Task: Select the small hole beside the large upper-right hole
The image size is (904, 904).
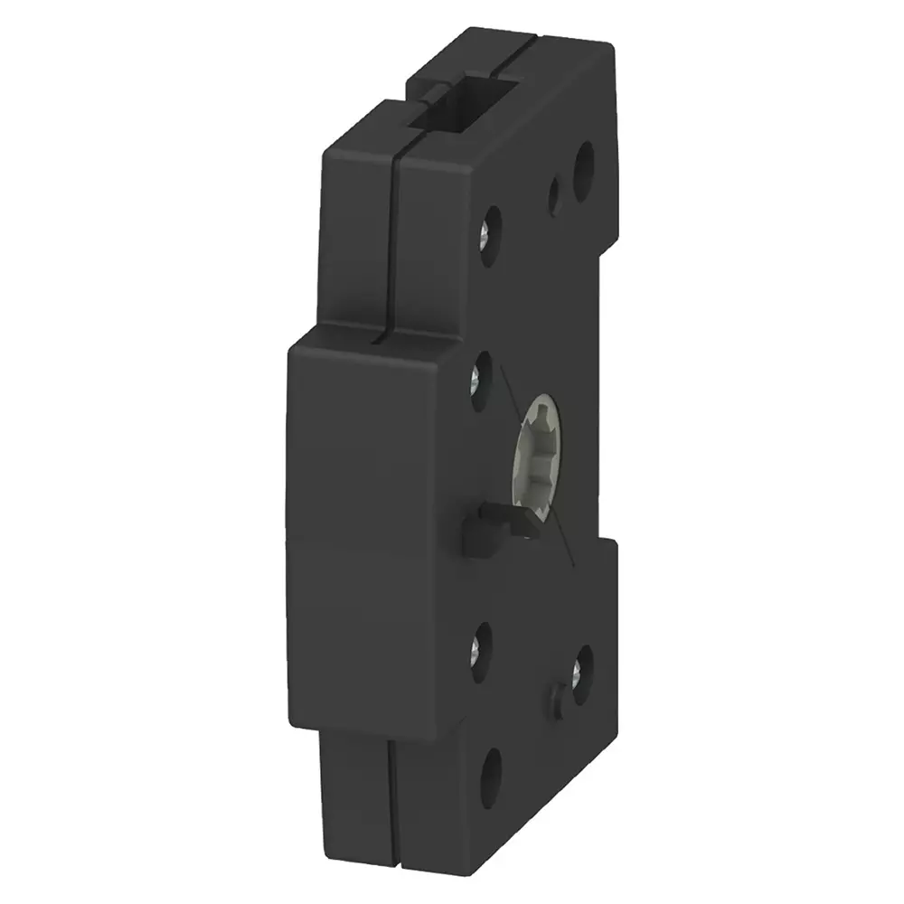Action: coord(555,193)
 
